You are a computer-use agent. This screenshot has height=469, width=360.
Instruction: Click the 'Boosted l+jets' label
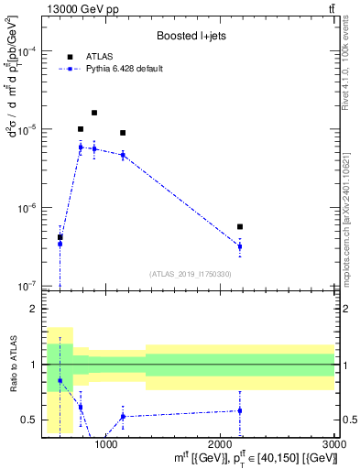191,36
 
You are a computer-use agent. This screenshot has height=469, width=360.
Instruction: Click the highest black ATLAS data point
94,113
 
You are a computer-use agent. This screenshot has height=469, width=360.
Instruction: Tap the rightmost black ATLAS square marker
240,226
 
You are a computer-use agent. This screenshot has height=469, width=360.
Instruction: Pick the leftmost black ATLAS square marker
60,237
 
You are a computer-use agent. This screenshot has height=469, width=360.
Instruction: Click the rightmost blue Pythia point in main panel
240,246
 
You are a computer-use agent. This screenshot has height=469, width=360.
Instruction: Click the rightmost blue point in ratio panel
240,410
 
